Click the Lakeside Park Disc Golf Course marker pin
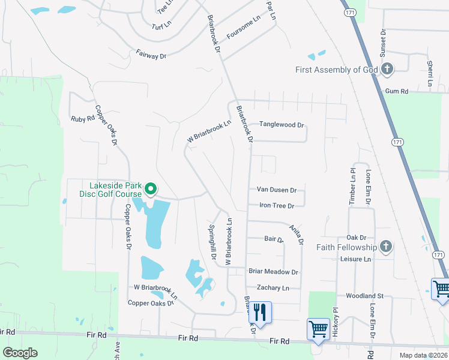151,190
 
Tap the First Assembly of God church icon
387,70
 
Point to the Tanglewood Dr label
282,125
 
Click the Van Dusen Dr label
277,190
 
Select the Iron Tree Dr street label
276,206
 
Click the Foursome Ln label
244,28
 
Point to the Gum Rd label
397,91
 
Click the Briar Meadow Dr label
273,272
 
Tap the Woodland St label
364,296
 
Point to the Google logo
20,353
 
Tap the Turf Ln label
161,27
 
